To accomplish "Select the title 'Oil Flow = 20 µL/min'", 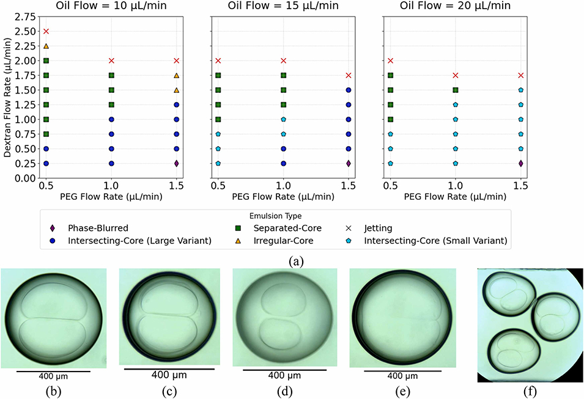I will tap(456, 6).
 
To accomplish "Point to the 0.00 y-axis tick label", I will tap(29, 178).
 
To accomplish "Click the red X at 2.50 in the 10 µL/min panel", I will tap(46, 31).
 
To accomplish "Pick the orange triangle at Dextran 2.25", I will tap(46, 46).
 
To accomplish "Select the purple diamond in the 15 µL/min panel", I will tap(348, 163).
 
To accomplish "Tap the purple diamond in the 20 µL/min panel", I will tap(520, 163).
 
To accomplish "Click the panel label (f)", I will tap(530, 392).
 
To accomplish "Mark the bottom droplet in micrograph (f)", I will tap(509, 355).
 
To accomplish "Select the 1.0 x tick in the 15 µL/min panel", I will tap(283, 185).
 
